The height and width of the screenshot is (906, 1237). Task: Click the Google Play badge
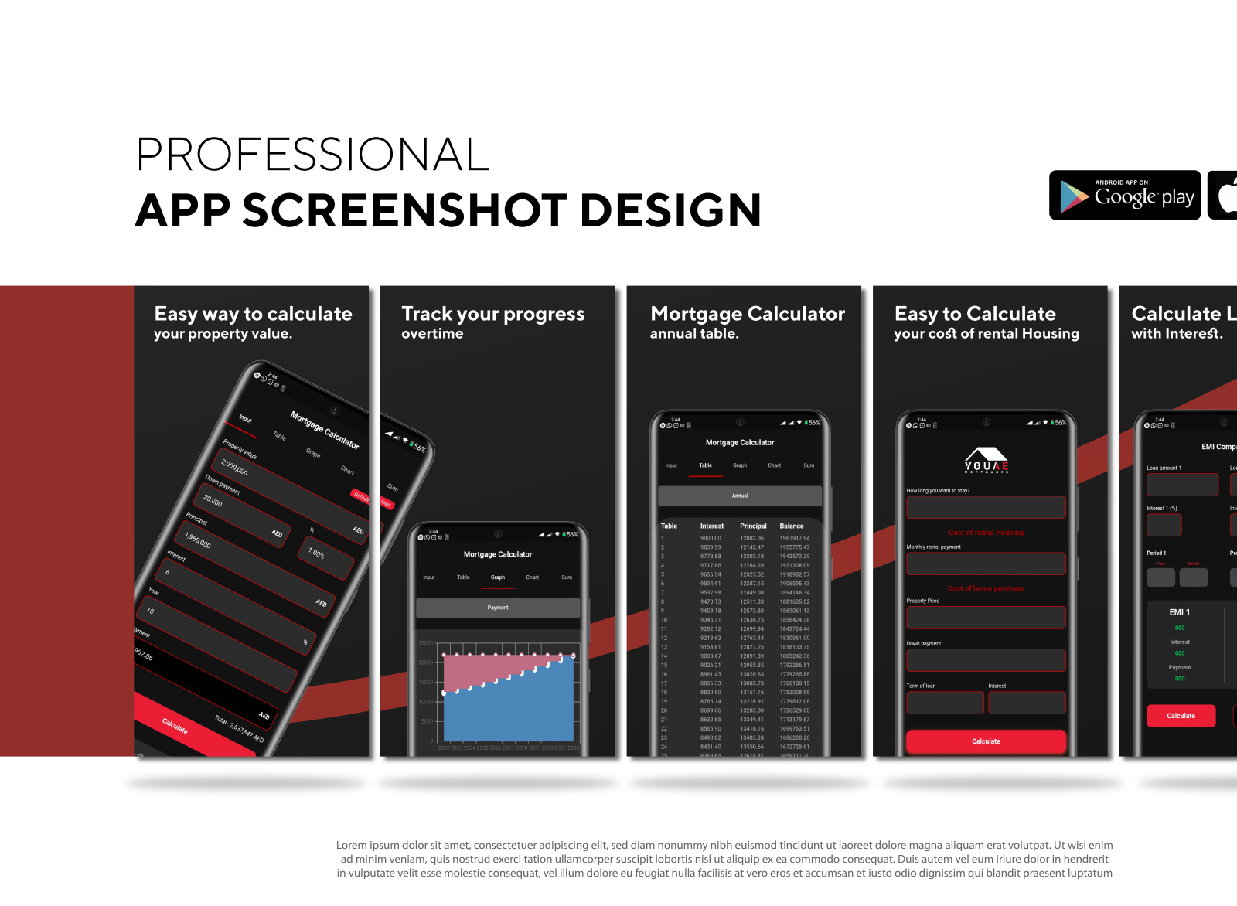(1124, 196)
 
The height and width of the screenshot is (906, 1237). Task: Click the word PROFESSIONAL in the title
(312, 155)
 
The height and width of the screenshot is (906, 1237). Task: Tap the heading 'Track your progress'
(492, 314)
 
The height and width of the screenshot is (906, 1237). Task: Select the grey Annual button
(740, 496)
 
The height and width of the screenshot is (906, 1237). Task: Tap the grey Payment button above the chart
(498, 608)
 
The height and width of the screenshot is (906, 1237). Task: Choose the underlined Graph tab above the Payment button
(498, 577)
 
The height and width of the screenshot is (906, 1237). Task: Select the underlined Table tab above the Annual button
(705, 465)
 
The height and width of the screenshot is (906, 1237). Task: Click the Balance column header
(792, 526)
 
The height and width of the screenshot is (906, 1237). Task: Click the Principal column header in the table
(753, 526)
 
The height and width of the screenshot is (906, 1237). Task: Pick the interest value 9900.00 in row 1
(711, 538)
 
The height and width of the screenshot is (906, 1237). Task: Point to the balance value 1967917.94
(795, 538)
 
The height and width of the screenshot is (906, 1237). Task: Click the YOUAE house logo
(987, 459)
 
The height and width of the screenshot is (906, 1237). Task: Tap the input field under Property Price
(986, 618)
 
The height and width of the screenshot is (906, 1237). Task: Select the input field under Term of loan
(945, 703)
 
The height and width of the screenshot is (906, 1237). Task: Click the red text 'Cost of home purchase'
(986, 589)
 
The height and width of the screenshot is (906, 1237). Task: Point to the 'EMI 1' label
(1179, 612)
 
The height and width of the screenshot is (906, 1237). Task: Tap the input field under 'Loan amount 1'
(1182, 485)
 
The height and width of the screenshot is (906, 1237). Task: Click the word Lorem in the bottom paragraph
(352, 846)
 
